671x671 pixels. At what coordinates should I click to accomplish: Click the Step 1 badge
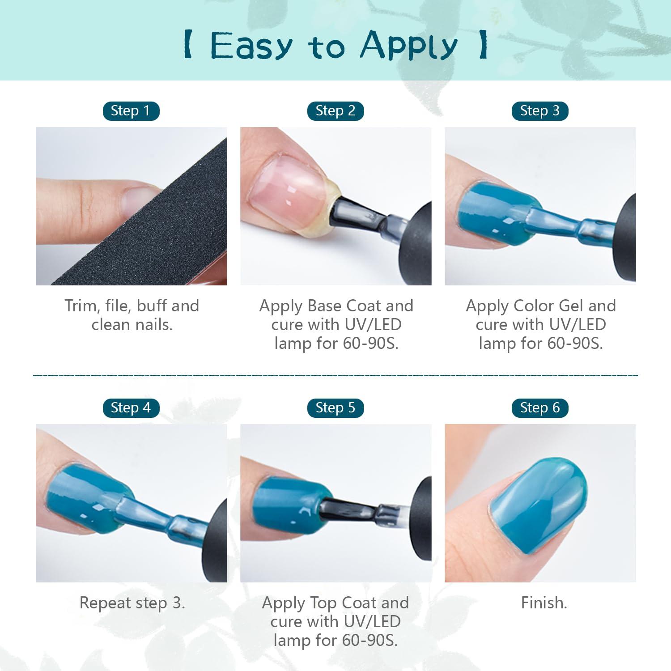point(131,111)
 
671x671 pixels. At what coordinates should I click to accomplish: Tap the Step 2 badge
point(335,111)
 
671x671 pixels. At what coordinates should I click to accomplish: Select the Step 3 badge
point(540,111)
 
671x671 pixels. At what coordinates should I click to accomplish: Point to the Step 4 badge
point(131,408)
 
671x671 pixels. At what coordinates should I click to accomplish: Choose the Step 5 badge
point(335,408)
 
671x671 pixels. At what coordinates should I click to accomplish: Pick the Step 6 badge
point(540,408)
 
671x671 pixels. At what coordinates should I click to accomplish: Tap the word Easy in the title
point(251,46)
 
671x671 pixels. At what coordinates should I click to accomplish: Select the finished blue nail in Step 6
point(539,501)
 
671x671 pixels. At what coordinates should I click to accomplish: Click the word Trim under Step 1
point(81,306)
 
